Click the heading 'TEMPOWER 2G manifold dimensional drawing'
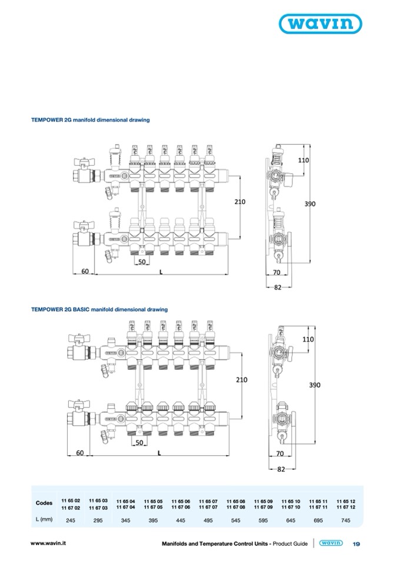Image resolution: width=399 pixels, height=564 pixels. coord(90,120)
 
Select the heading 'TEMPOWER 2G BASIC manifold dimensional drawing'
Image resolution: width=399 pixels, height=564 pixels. coord(99,309)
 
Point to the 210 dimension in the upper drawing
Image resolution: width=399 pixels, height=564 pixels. coord(240,201)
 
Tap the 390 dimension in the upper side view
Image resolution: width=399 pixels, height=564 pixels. coord(310,203)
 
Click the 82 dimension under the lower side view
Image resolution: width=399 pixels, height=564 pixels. coord(280,469)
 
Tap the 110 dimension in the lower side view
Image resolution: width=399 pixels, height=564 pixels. coord(308,340)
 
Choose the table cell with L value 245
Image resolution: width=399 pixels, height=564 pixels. coord(71,520)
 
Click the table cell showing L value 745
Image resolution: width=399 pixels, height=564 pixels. coord(346,520)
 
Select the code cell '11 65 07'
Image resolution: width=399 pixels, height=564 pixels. coord(208,500)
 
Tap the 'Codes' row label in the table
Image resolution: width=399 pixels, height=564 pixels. coord(44,503)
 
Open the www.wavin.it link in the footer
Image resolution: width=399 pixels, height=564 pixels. coord(48,544)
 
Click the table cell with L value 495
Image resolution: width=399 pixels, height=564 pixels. coord(208,520)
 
